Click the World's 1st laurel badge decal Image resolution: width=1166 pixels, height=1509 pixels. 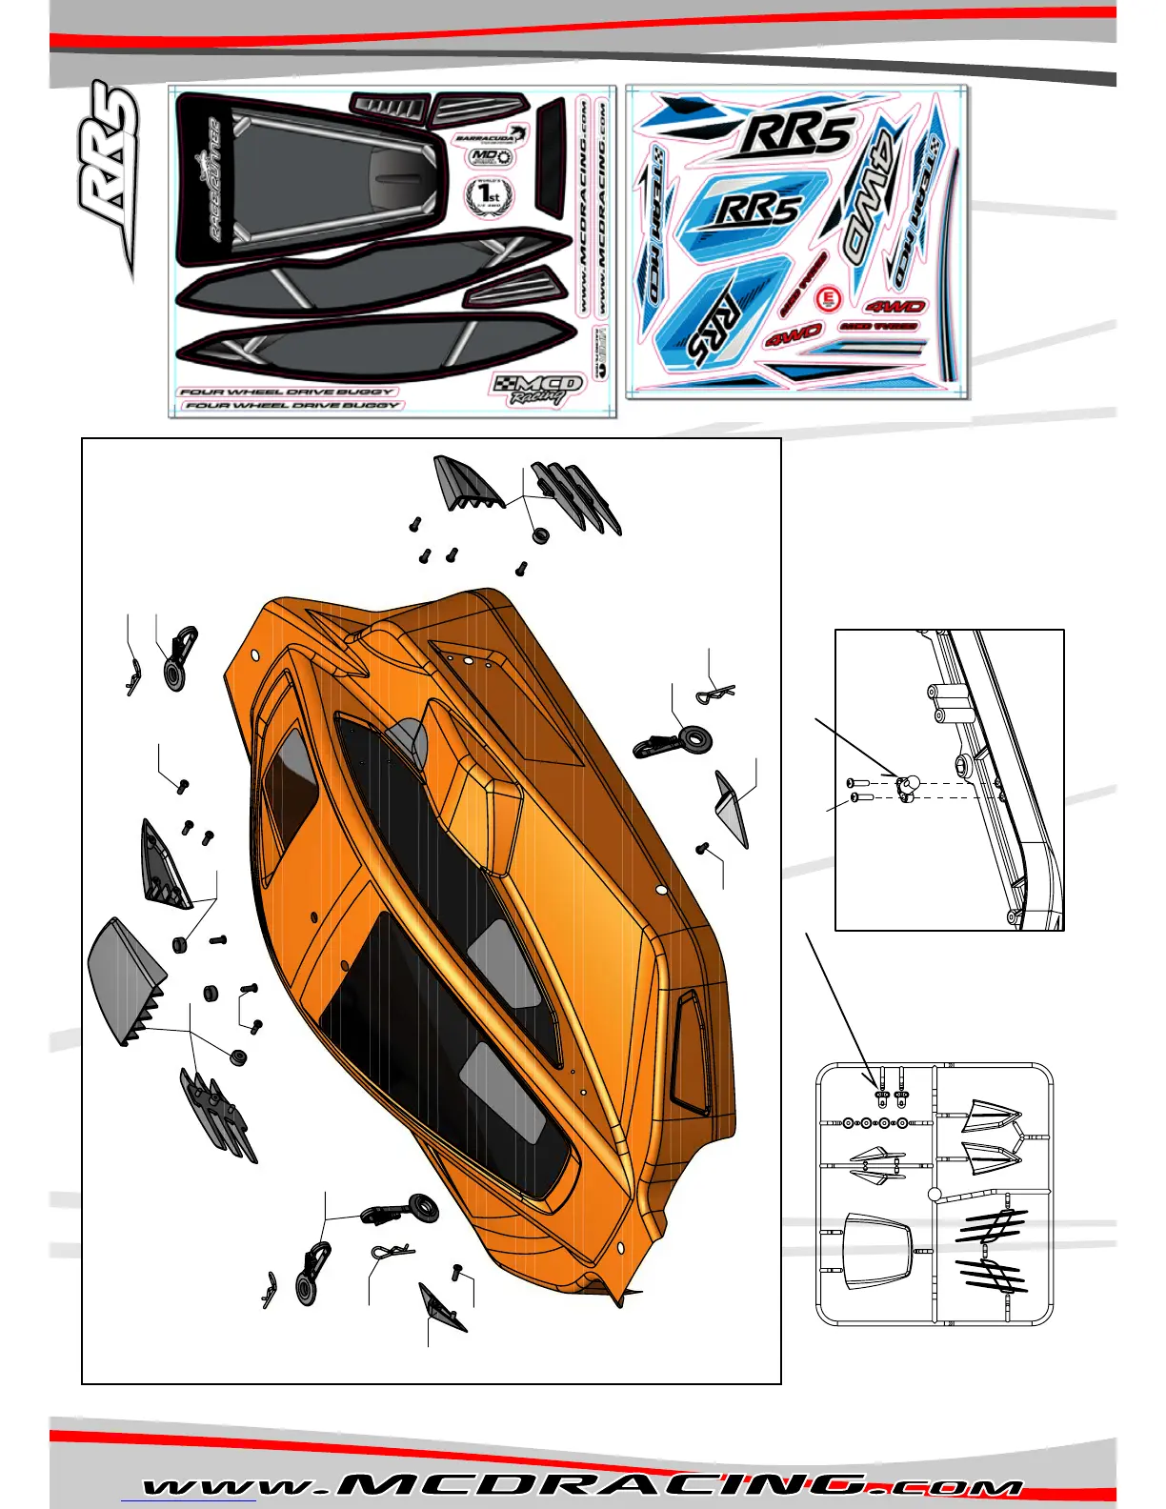click(489, 196)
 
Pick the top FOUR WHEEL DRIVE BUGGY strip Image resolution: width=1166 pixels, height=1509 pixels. click(287, 392)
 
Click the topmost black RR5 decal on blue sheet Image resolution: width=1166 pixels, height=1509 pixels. click(796, 133)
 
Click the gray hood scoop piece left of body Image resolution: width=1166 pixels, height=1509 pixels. click(126, 981)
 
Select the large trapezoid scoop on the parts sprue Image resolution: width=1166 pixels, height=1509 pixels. click(877, 1249)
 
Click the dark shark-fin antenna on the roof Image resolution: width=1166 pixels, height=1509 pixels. click(407, 738)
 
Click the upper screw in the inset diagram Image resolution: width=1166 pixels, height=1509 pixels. click(856, 783)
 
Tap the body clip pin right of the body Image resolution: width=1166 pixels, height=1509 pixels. click(716, 693)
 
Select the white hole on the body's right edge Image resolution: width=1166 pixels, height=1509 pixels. click(661, 890)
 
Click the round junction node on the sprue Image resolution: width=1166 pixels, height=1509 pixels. click(935, 1194)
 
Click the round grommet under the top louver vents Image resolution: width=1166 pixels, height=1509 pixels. click(540, 534)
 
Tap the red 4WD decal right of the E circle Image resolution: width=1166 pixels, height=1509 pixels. click(895, 306)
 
